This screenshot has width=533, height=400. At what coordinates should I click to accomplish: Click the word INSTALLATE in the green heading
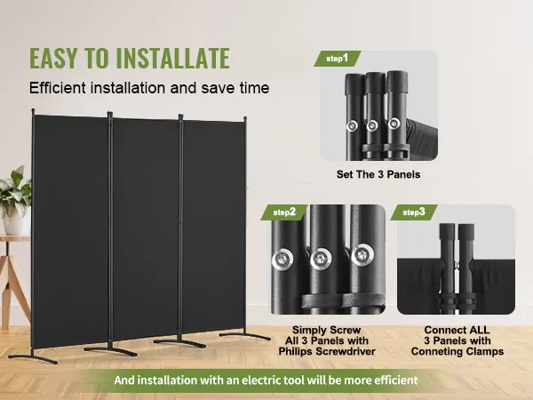(173, 58)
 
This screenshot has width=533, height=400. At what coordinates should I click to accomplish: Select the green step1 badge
(338, 59)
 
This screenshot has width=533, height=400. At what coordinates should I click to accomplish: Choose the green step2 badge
(284, 212)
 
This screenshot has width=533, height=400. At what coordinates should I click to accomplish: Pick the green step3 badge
(414, 212)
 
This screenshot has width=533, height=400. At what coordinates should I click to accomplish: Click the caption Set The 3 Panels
(378, 174)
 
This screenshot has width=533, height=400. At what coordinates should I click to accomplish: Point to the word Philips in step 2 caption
(296, 351)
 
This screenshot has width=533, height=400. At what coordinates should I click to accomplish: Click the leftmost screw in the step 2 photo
(282, 260)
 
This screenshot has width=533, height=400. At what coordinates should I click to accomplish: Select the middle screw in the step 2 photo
(321, 260)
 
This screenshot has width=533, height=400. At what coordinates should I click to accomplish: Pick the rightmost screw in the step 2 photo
(362, 255)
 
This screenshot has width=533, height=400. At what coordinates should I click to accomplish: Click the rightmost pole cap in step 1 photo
(397, 83)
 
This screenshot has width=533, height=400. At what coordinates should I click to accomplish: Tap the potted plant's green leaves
(15, 189)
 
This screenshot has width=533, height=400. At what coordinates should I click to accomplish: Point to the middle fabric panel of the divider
(145, 228)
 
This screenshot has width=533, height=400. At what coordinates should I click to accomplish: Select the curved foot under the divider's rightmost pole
(245, 335)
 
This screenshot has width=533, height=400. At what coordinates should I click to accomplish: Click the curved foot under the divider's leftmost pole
(33, 358)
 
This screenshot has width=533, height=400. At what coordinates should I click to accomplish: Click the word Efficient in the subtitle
(58, 88)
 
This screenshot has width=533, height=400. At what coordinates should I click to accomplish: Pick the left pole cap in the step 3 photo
(447, 232)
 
